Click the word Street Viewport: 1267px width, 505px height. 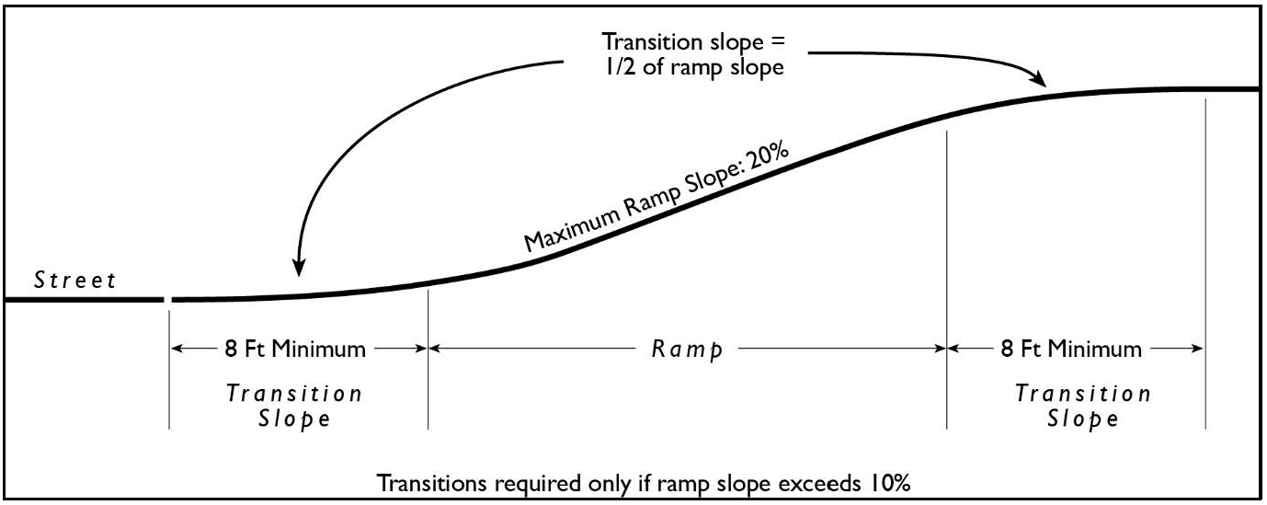click(75, 281)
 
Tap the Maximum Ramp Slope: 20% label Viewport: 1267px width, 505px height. click(656, 197)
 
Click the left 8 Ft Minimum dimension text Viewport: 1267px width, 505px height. click(298, 350)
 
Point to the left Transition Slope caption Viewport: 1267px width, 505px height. click(294, 407)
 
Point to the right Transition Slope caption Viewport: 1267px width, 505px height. click(1082, 407)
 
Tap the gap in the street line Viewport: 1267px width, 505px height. click(167, 300)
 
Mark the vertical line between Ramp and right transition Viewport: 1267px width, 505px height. click(947, 276)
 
